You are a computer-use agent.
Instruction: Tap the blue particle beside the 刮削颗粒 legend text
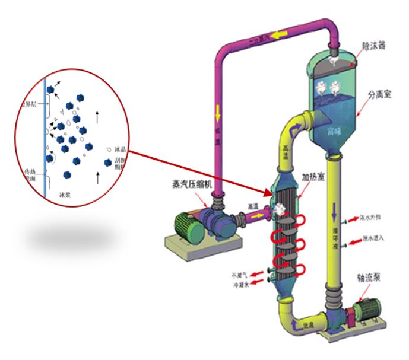[107, 163]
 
